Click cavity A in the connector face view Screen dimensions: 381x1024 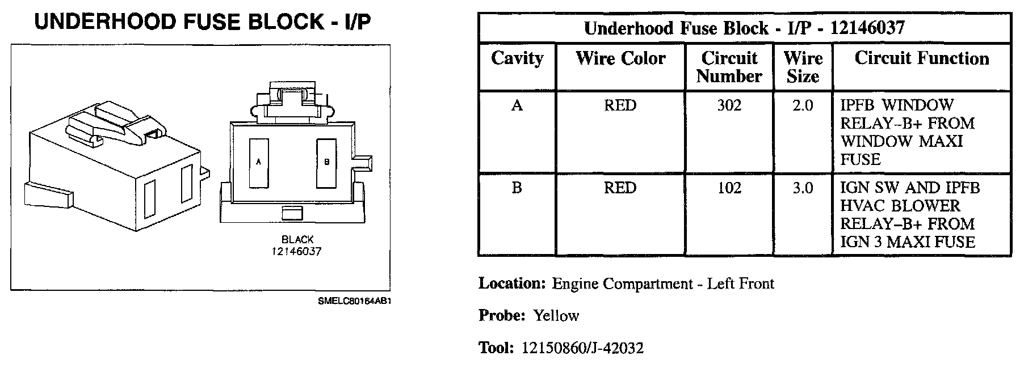click(x=259, y=163)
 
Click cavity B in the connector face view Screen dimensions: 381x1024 click(x=326, y=163)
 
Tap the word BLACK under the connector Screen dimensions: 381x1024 click(x=297, y=240)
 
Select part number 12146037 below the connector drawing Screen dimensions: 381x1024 click(x=296, y=251)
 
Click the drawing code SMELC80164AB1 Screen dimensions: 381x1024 click(x=355, y=301)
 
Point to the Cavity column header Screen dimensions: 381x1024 click(x=517, y=58)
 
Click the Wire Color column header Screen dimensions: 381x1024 click(x=620, y=58)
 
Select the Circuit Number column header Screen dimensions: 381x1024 click(x=729, y=67)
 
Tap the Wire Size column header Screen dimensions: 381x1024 click(x=803, y=67)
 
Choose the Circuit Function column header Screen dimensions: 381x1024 click(x=921, y=58)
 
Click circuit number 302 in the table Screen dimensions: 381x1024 click(x=729, y=105)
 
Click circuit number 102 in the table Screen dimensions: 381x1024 click(x=729, y=188)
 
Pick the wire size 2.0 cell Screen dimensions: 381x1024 click(x=803, y=105)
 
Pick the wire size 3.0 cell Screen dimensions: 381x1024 click(x=803, y=188)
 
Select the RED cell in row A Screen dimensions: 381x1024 click(x=620, y=105)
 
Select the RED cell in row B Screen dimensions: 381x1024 click(x=620, y=188)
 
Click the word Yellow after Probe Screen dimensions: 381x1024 click(x=556, y=316)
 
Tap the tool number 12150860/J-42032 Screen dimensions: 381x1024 click(x=582, y=348)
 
